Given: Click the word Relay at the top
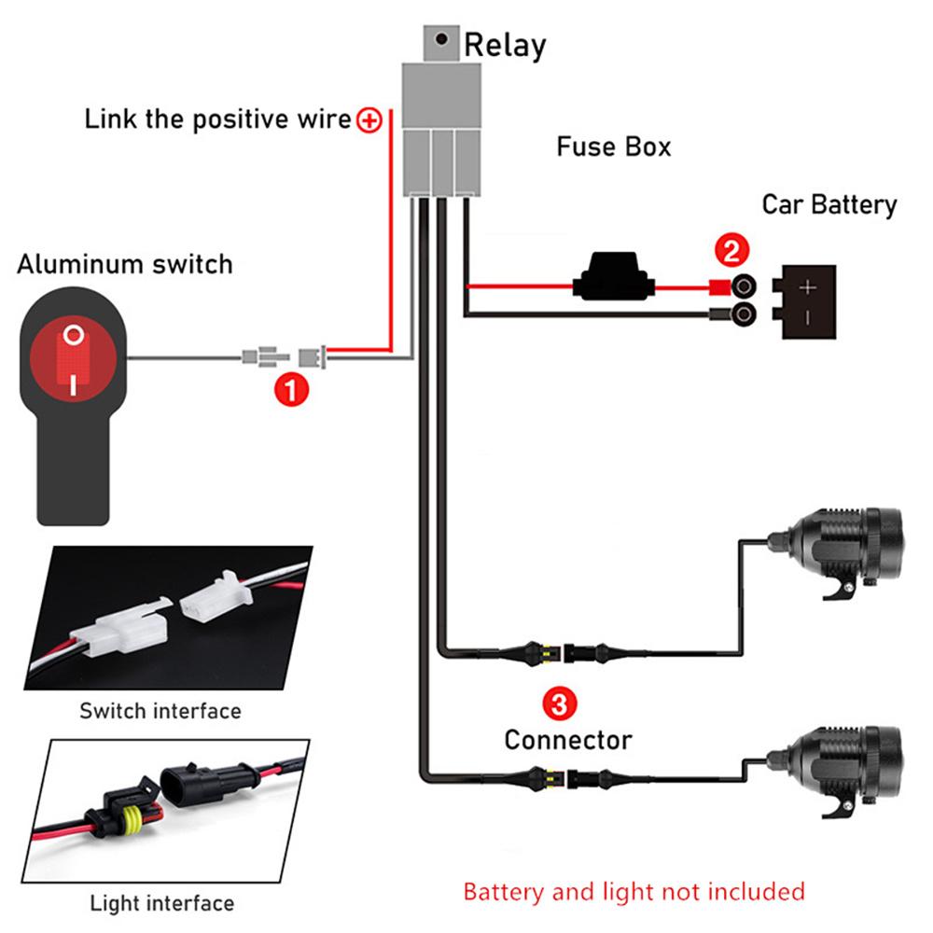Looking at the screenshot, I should (x=505, y=45).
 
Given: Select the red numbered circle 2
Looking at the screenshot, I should (x=731, y=251).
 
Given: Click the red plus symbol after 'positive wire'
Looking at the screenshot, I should (x=370, y=119).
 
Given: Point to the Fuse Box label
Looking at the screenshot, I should (x=613, y=147).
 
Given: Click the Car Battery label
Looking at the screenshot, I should (x=829, y=204).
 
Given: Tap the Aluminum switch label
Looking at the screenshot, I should (x=124, y=264).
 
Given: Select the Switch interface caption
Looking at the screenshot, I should (x=160, y=711).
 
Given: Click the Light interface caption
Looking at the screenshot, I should (x=161, y=903).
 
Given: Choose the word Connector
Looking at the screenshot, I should (x=567, y=740).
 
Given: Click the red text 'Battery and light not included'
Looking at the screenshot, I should (x=634, y=891).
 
